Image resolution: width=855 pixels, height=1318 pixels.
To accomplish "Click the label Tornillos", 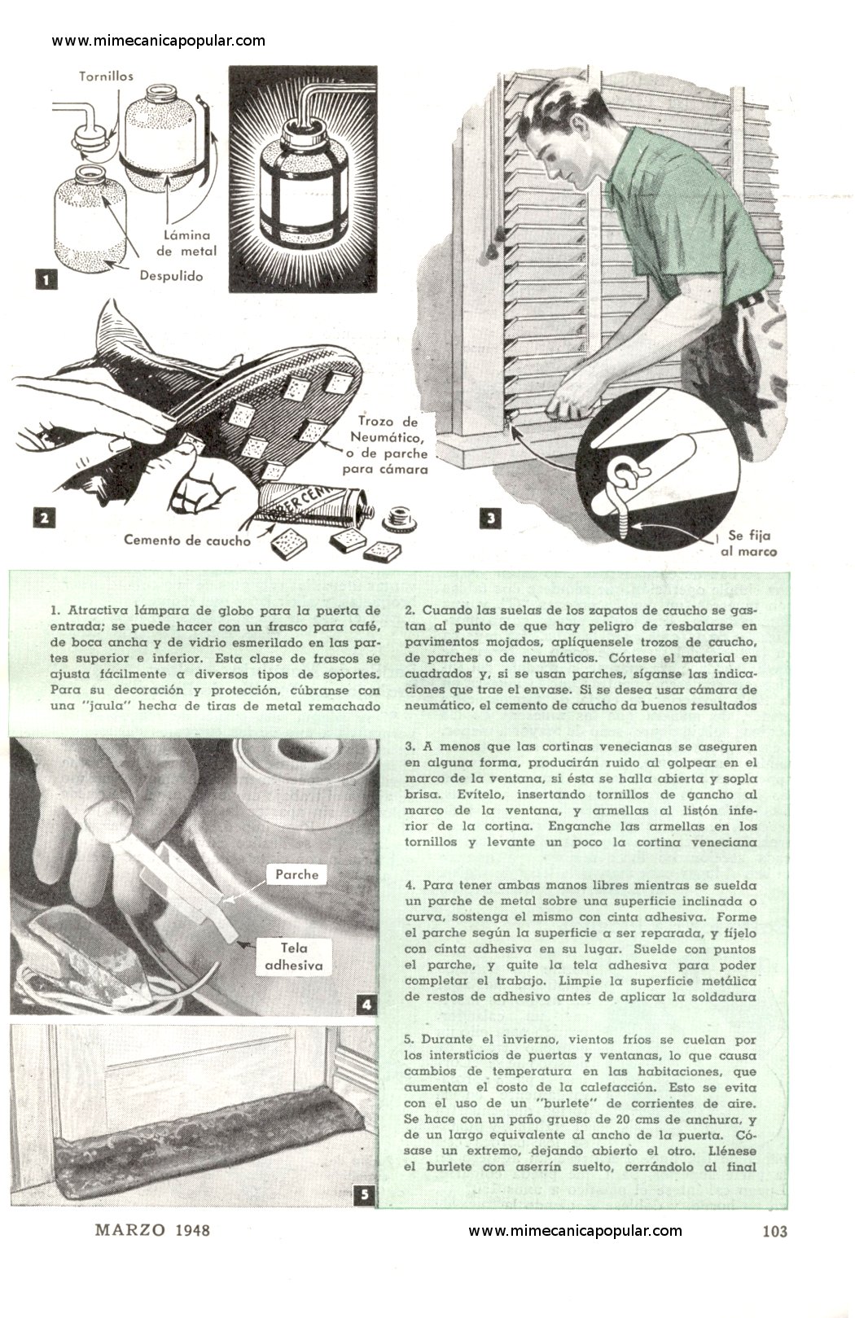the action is tap(106, 76).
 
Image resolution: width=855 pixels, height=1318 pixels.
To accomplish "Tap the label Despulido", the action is tap(171, 276).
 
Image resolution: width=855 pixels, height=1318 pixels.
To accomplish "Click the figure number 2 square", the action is tap(45, 519).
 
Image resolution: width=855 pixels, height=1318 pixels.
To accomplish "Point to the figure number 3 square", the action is tap(490, 519).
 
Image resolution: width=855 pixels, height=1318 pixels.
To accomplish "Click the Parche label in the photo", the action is tap(297, 874).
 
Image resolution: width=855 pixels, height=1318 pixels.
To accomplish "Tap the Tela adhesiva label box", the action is tap(294, 957).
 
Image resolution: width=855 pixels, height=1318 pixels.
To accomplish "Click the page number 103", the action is tap(774, 1231).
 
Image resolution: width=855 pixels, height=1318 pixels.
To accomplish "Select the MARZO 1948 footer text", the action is tap(152, 1230).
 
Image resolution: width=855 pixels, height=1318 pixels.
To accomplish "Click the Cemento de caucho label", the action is tap(186, 541).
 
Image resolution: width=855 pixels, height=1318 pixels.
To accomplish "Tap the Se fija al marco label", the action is tap(748, 543).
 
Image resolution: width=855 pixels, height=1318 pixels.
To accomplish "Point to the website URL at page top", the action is tap(158, 41).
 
